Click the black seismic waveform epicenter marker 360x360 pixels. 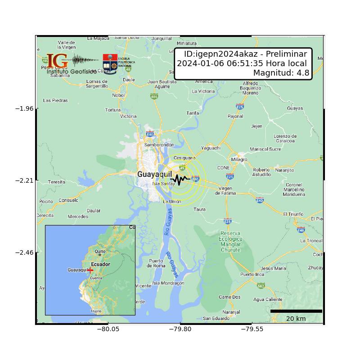[180, 180]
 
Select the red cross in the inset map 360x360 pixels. [90, 270]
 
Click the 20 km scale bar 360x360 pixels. [296, 311]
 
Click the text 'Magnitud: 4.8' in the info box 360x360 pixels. [281, 73]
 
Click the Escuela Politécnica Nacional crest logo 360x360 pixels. [110, 64]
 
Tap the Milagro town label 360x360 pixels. [239, 160]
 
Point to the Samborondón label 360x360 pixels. [159, 145]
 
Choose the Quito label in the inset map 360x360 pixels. [100, 252]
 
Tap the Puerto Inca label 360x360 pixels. [252, 274]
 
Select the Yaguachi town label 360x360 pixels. [211, 148]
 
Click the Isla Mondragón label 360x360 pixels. [168, 283]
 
